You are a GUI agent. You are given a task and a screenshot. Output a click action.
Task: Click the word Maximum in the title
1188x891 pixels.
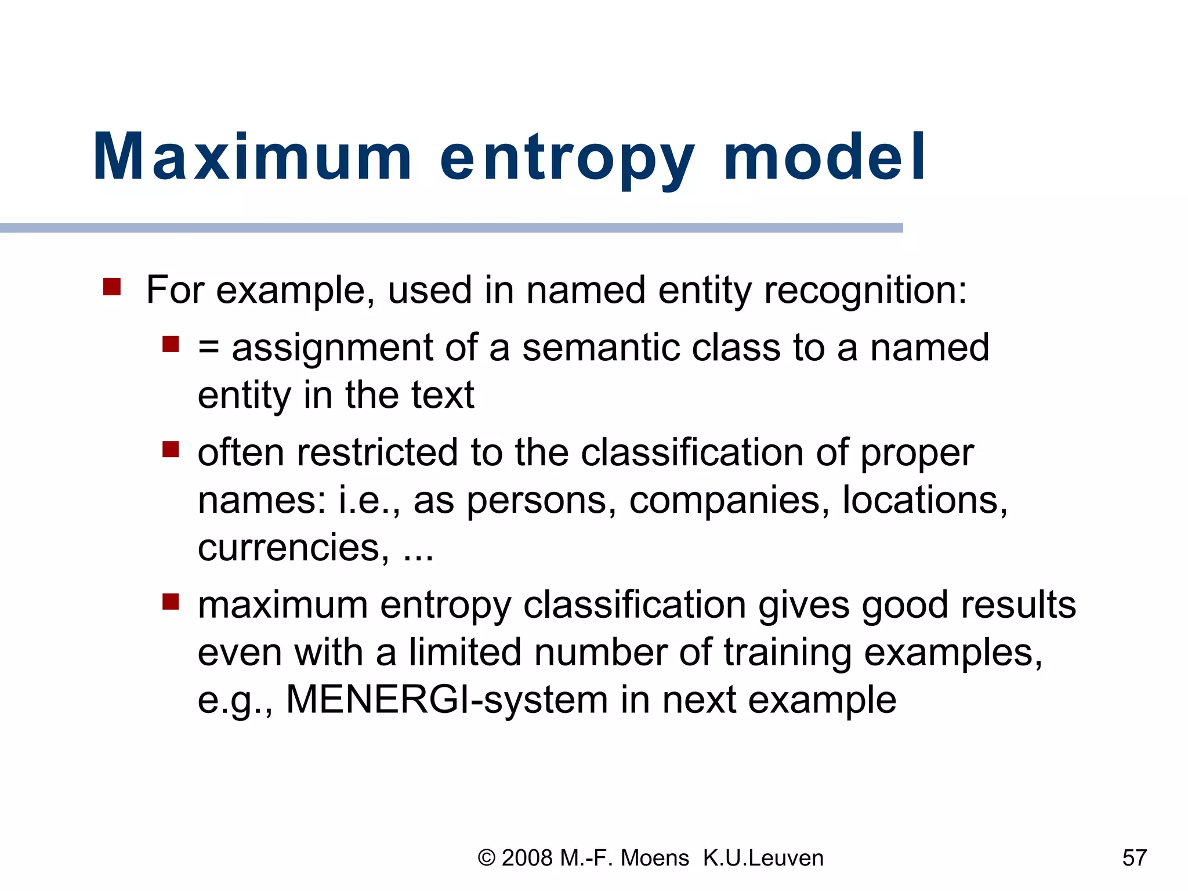252,157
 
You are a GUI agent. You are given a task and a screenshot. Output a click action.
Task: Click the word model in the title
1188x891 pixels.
824,157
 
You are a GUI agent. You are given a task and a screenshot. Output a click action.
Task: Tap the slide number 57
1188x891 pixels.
1135,858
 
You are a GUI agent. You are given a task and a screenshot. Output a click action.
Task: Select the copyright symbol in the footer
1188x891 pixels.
487,858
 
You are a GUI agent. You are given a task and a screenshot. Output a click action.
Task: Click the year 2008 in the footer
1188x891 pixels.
527,858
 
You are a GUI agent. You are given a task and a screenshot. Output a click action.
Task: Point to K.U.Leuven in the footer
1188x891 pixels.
763,858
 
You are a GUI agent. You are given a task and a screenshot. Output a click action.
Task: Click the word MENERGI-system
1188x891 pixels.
447,700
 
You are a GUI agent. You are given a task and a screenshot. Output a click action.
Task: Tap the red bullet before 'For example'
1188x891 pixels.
111,287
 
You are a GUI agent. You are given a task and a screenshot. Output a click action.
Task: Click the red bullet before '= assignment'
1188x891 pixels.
171,345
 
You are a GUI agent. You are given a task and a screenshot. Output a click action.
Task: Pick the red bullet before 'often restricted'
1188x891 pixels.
171,450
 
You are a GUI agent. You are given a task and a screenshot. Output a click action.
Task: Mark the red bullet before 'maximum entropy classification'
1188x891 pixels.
171,602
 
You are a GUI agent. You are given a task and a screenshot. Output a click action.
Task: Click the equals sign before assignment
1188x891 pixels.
208,348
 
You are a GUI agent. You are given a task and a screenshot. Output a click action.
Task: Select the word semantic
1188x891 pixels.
601,348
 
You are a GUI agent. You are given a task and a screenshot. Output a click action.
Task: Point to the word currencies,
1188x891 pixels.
294,548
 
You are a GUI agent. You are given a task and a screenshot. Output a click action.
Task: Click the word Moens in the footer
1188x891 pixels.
655,858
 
